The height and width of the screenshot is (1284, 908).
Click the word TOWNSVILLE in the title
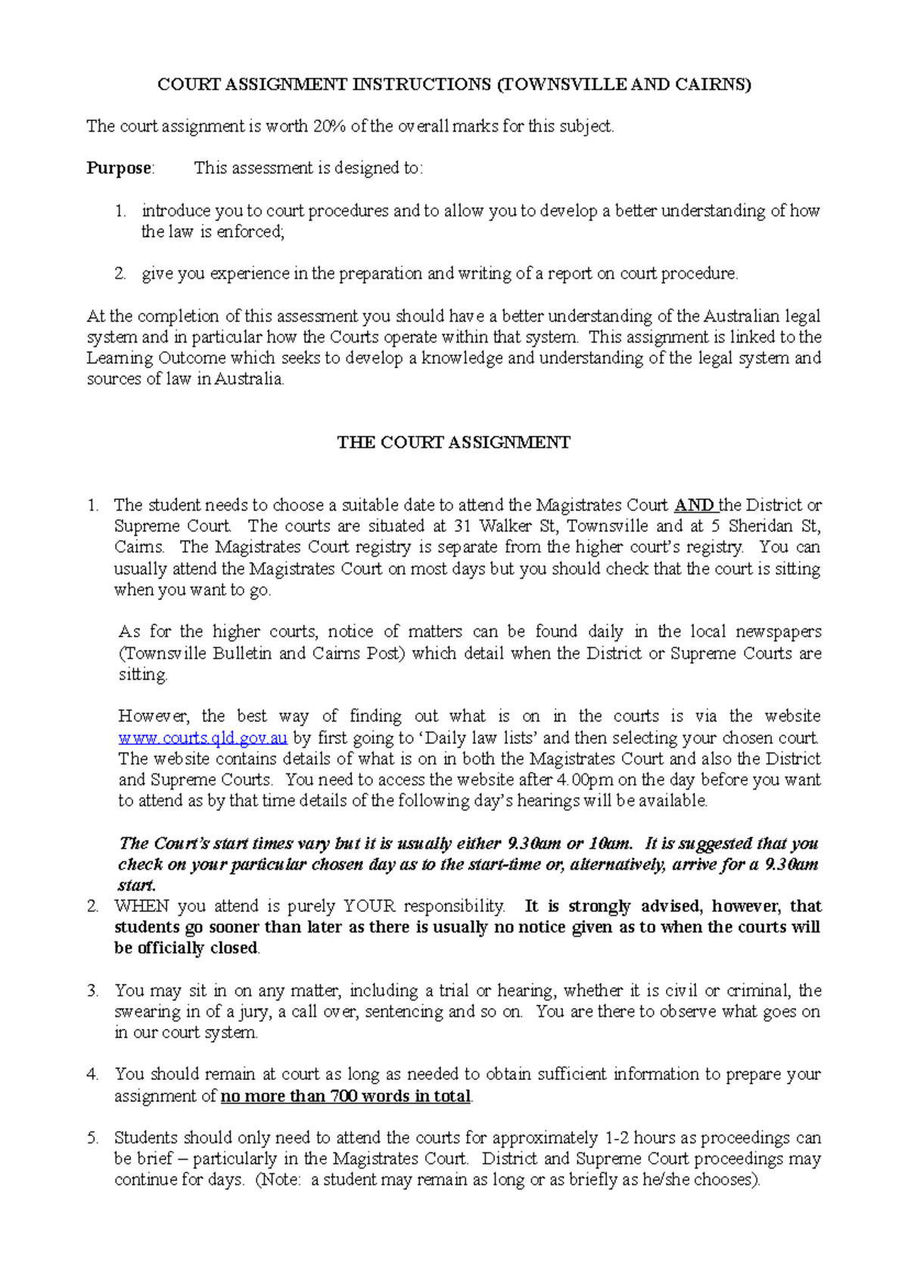tap(563, 85)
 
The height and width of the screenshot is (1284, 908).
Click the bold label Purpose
tap(119, 168)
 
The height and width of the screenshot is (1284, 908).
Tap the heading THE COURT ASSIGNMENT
tap(453, 442)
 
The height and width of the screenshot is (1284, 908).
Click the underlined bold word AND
tap(694, 505)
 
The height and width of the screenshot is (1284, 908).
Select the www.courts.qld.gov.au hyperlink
tap(203, 738)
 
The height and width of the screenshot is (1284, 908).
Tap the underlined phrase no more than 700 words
tap(345, 1096)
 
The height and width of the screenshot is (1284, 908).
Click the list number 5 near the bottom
tap(93, 1138)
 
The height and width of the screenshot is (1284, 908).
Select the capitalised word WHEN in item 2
tap(142, 907)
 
